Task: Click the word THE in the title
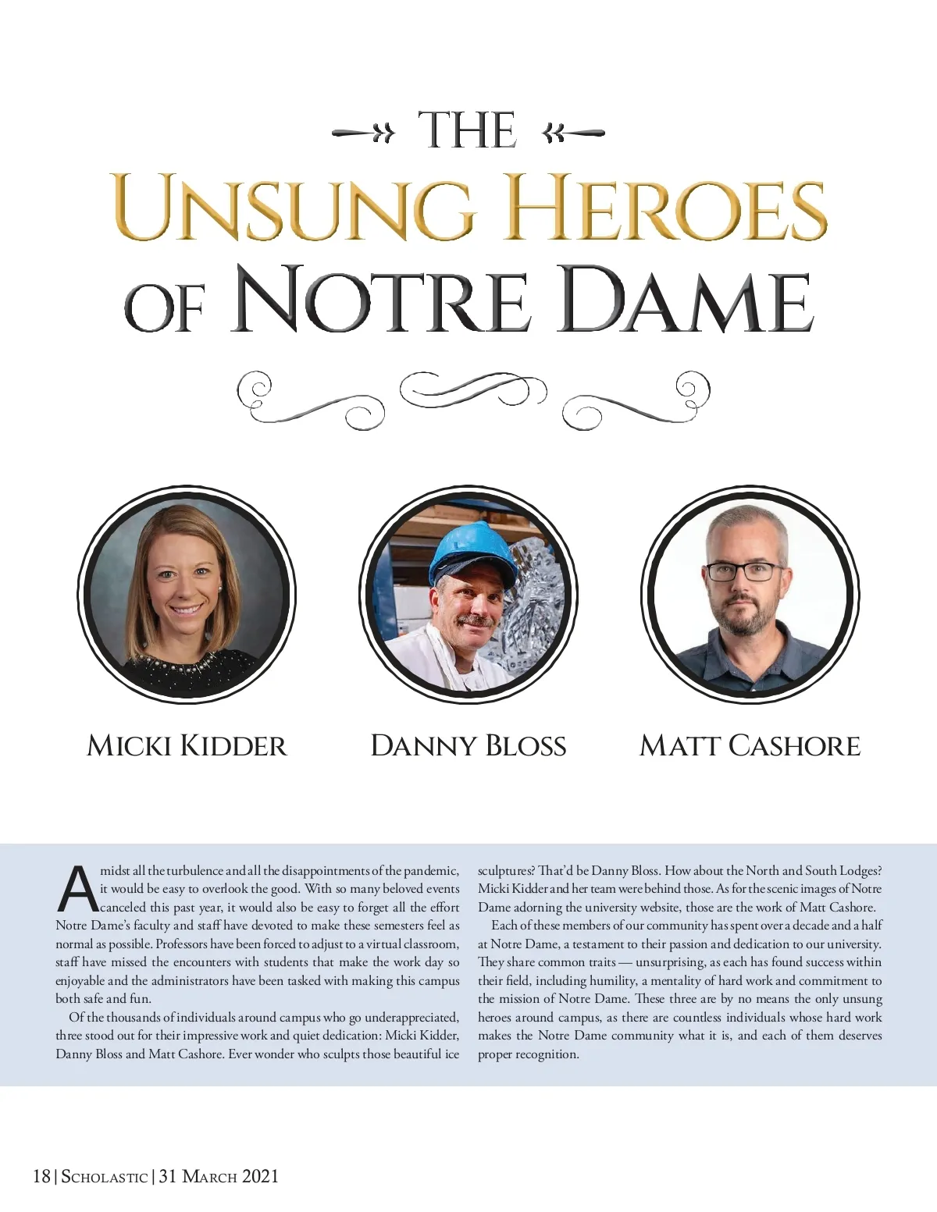[x=467, y=130]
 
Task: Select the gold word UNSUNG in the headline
[x=293, y=208]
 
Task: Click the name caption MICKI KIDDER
[x=187, y=746]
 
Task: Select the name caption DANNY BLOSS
[x=468, y=746]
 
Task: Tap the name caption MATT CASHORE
[x=750, y=746]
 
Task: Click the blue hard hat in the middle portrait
[x=472, y=551]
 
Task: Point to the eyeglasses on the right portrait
[x=743, y=571]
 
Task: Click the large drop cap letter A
[x=77, y=890]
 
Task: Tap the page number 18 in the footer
[x=41, y=1177]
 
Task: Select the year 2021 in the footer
[x=260, y=1177]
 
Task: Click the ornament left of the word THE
[x=364, y=133]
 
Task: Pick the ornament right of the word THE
[x=573, y=133]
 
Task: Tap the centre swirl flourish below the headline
[x=472, y=389]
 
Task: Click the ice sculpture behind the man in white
[x=531, y=609]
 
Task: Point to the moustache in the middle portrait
[x=476, y=622]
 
